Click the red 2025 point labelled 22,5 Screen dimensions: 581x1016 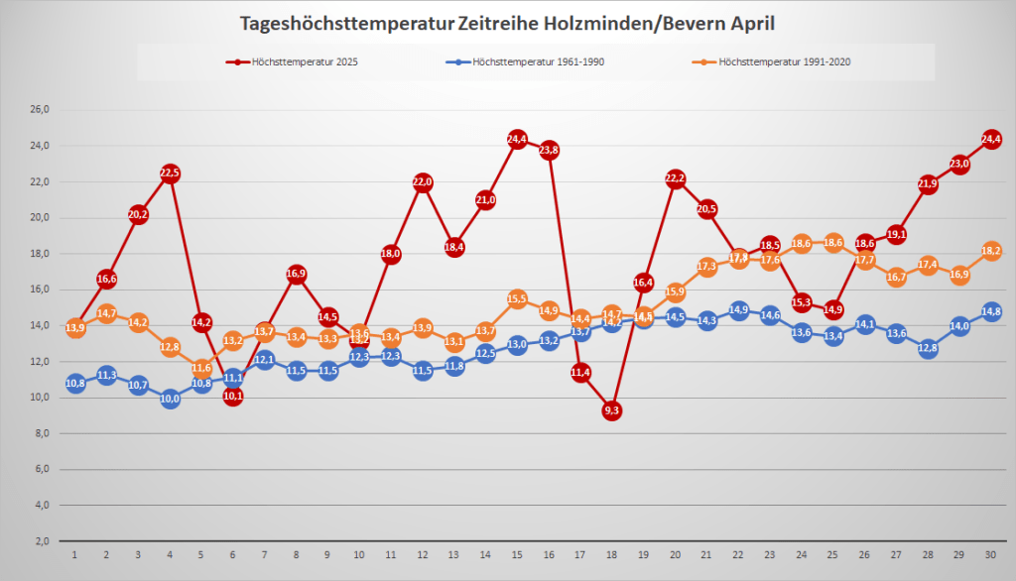tap(170, 174)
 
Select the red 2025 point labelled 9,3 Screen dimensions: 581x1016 tap(611, 410)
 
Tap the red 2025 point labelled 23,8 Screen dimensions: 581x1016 tap(549, 150)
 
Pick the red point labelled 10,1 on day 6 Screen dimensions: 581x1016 tap(233, 396)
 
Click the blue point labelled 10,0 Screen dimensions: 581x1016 tap(170, 399)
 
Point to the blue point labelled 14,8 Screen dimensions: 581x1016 tap(990, 311)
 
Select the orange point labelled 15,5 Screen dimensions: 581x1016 tap(517, 298)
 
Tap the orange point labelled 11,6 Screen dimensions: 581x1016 tap(201, 369)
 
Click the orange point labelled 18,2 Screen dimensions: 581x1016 tap(990, 251)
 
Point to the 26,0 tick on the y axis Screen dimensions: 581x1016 tap(40, 109)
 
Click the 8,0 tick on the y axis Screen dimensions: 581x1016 tap(41, 433)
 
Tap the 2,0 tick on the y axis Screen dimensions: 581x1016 tap(41, 541)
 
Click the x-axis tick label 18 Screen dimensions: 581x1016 tap(611, 555)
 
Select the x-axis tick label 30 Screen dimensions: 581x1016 tap(990, 555)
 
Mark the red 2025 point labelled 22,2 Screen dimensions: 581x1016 tap(675, 178)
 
